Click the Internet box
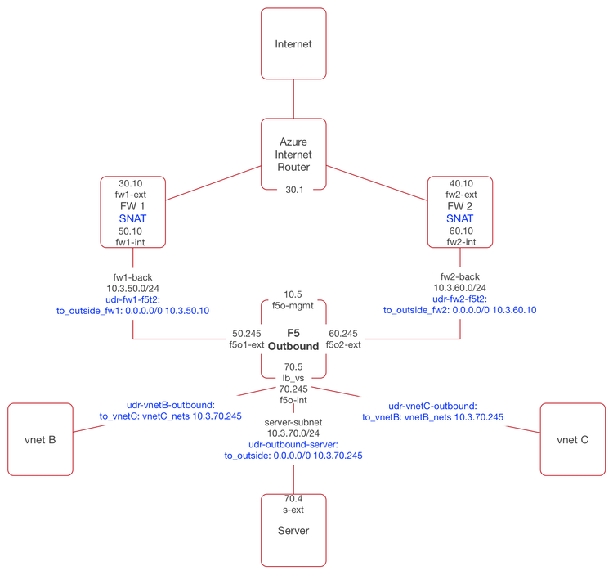pos(293,44)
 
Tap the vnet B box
pos(40,439)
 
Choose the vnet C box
pos(572,439)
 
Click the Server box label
pos(293,531)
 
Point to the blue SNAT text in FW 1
pos(133,219)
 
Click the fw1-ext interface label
pos(133,195)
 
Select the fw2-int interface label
pos(461,242)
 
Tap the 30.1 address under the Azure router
pos(293,190)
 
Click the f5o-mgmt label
pos(293,307)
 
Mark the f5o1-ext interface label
pos(248,345)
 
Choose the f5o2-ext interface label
pos(343,345)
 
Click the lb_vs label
pos(293,378)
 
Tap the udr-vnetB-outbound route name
pos(170,405)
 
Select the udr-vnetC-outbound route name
pos(432,406)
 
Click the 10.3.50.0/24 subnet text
pos(133,289)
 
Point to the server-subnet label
pos(293,422)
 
